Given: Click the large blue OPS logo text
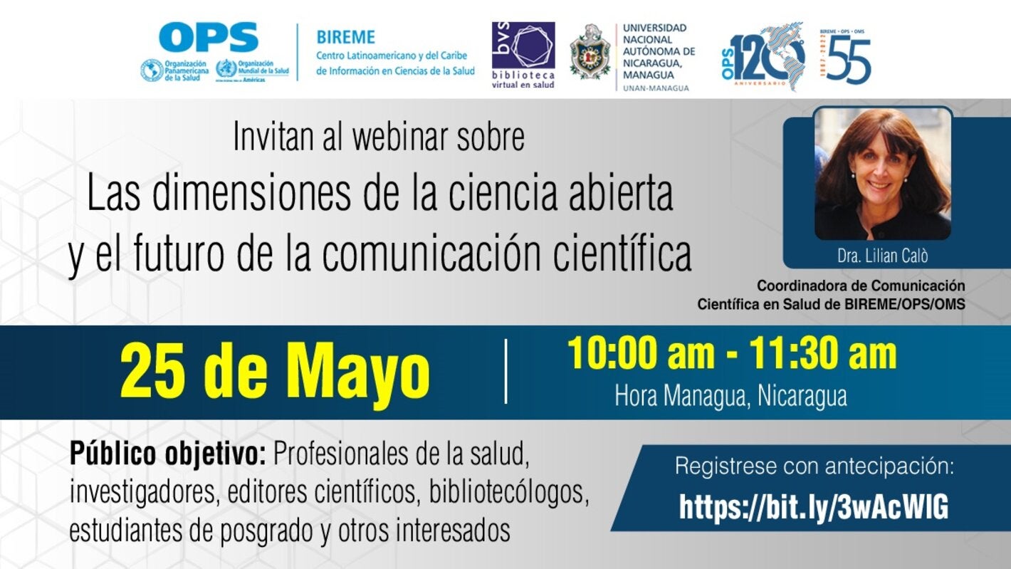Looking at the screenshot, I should click(x=208, y=36).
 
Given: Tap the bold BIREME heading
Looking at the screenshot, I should click(x=345, y=36).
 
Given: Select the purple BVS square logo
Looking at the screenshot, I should click(x=523, y=46).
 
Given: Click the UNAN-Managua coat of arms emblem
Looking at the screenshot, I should click(x=590, y=51).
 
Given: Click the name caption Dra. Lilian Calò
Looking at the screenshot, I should click(x=883, y=256).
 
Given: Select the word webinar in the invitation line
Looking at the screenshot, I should click(x=378, y=137).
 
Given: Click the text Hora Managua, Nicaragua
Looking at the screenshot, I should click(x=730, y=395).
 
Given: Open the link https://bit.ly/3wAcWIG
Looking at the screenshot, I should click(x=814, y=507).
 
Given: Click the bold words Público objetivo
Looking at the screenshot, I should click(x=168, y=453).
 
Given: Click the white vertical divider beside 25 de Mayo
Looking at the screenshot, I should click(x=506, y=371).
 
